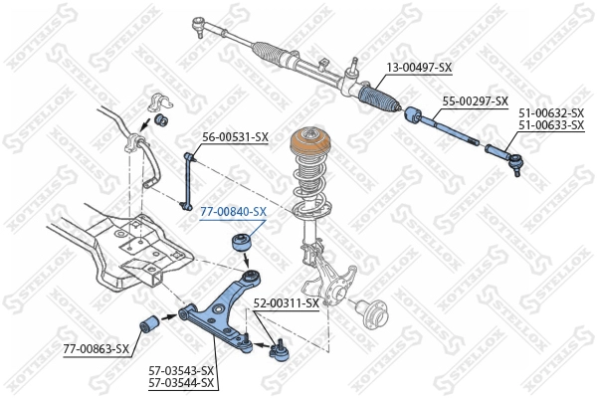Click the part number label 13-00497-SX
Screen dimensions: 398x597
418,68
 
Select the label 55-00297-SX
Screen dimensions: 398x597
475,101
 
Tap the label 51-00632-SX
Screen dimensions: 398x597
550,113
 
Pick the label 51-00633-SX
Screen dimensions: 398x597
550,125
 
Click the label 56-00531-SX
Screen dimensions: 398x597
236,136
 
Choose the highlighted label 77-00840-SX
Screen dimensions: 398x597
233,212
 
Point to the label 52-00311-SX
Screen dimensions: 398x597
286,302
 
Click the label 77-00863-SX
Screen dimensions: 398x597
97,349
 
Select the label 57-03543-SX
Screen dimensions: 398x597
180,369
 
